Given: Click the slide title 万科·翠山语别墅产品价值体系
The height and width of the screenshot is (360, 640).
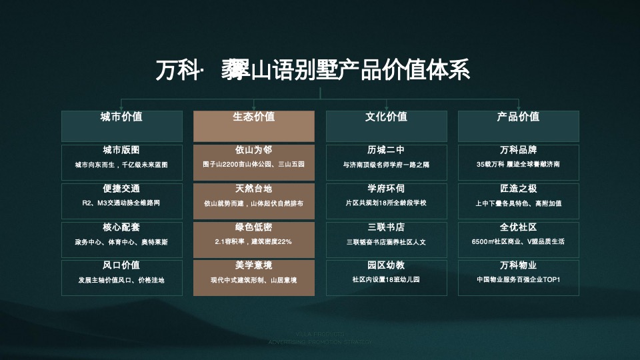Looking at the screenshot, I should click(x=313, y=69).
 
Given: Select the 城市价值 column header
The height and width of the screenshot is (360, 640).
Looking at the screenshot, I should click(x=121, y=117).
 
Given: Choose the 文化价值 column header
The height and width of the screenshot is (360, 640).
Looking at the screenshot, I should click(x=386, y=117).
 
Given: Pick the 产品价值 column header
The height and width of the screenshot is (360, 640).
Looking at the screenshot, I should click(x=518, y=117).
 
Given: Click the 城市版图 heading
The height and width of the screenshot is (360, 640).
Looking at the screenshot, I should click(x=121, y=150).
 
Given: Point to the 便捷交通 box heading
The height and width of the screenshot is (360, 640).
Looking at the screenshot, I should click(x=121, y=189).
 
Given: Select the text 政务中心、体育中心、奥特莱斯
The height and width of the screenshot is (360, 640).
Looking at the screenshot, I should click(x=121, y=241).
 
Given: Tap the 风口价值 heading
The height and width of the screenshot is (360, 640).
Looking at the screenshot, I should click(x=121, y=265).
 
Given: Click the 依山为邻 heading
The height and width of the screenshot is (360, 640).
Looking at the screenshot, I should click(x=253, y=150).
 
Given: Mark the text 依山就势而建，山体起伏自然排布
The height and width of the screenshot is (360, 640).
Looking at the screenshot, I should click(x=253, y=203).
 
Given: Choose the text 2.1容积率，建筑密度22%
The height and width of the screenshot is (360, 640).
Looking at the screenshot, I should click(x=253, y=241).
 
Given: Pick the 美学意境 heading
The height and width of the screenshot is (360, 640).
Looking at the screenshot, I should click(x=253, y=265).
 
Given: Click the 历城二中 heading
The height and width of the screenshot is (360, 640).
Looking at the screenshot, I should click(x=386, y=150).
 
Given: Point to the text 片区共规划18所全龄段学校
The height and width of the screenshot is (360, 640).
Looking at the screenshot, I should click(x=386, y=203).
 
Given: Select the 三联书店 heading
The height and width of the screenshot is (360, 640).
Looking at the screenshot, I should click(x=386, y=227).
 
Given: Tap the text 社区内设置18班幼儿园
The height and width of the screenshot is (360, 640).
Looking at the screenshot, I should click(x=386, y=280).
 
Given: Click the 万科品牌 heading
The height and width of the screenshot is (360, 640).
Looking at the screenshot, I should click(x=518, y=150).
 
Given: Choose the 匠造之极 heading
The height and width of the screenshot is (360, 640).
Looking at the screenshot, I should click(x=518, y=189).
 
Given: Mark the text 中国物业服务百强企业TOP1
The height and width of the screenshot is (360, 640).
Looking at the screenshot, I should click(x=518, y=280).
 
